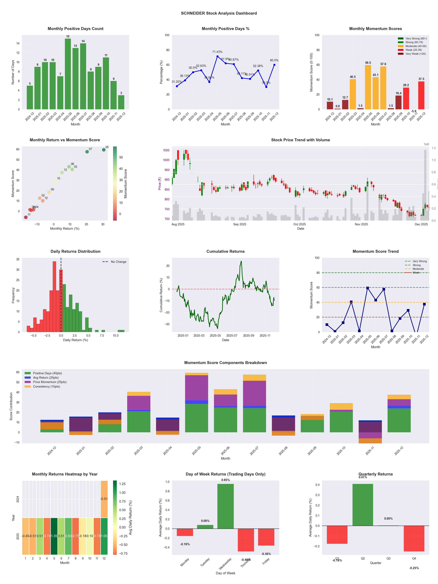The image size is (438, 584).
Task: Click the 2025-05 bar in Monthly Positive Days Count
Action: point(68,74)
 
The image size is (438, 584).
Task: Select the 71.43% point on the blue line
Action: point(218,56)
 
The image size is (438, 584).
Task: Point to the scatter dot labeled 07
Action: point(87,152)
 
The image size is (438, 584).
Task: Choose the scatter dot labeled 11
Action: point(26,217)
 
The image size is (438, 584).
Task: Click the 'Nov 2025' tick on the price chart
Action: point(361,224)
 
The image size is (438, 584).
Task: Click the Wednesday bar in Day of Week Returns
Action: point(225,506)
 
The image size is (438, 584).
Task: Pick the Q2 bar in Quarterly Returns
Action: point(363,505)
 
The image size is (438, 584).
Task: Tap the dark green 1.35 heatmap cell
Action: point(54,536)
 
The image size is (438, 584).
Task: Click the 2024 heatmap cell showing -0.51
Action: point(104,499)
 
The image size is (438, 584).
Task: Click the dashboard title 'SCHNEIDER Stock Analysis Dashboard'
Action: point(219,13)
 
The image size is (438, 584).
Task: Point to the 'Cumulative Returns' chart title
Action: point(225,251)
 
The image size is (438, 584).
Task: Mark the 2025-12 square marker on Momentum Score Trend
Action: point(424,304)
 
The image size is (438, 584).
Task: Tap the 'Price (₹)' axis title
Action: point(159,183)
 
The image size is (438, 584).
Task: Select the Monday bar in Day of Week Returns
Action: point(185,532)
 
